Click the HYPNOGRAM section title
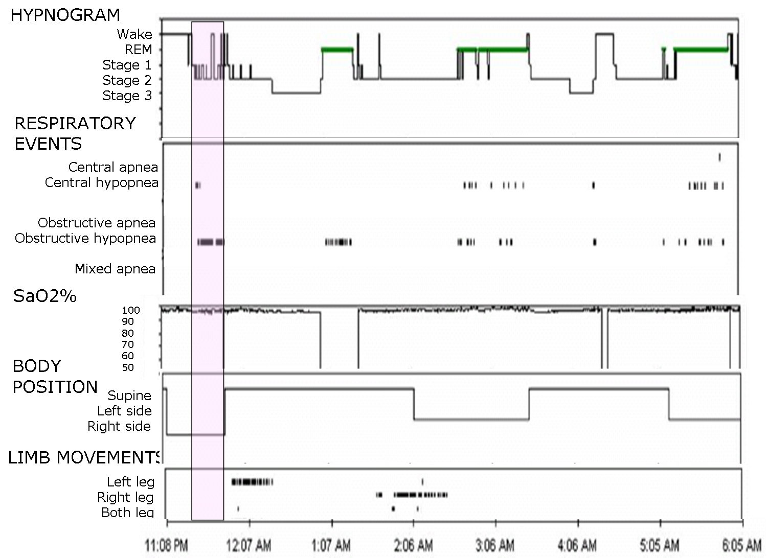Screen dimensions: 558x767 [x=65, y=15]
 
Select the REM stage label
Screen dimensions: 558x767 [x=139, y=50]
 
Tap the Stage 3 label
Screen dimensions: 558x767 [x=127, y=96]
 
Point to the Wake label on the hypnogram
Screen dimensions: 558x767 [x=134, y=34]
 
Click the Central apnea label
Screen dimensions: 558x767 [x=113, y=167]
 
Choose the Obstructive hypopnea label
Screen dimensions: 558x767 [x=85, y=238]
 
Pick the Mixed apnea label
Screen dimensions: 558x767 [x=115, y=269]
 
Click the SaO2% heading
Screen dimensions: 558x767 [x=45, y=296]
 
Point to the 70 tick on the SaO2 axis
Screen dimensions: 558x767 [x=128, y=344]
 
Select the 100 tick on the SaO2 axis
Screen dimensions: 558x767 [x=130, y=310]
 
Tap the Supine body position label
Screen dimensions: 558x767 [x=129, y=396]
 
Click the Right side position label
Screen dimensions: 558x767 [x=119, y=426]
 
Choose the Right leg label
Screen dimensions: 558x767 [x=125, y=497]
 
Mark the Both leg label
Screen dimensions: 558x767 [x=127, y=513]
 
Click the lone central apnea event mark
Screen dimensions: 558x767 [x=719, y=157]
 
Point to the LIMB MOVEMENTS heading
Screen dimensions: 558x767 [x=84, y=458]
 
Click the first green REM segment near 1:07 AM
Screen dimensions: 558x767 [x=337, y=50]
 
